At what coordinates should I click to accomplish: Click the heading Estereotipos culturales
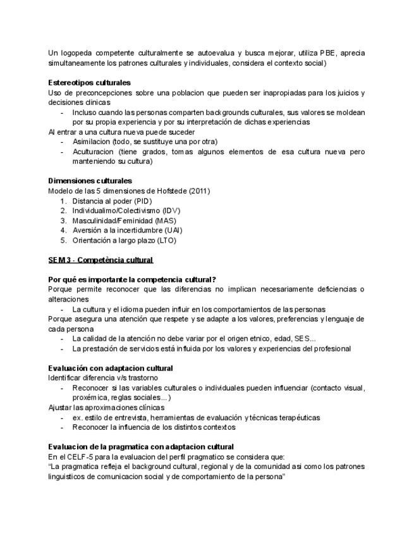[89, 83]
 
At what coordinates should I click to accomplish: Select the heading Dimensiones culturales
[90, 181]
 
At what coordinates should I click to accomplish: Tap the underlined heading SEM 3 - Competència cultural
[100, 260]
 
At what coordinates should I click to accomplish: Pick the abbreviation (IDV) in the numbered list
[171, 210]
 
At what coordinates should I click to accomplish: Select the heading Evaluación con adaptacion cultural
[111, 368]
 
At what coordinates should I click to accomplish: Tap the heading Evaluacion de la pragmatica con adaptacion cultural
[141, 447]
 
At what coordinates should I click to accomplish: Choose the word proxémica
[89, 398]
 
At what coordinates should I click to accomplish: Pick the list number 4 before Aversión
[63, 231]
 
